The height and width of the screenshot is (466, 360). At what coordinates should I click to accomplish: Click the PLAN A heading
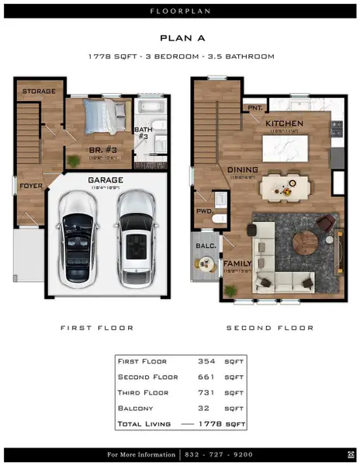coord(180,37)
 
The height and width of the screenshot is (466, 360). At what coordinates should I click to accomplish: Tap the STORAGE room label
coord(38,92)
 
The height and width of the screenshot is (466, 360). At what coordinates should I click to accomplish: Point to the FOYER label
coord(31,186)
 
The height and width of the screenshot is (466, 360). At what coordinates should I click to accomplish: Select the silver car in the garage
coord(137,234)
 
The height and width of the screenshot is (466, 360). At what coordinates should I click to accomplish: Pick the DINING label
coord(242,169)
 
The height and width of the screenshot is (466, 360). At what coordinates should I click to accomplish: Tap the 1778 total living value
coord(211,424)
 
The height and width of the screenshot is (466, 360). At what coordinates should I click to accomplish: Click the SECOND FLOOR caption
coord(269,328)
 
